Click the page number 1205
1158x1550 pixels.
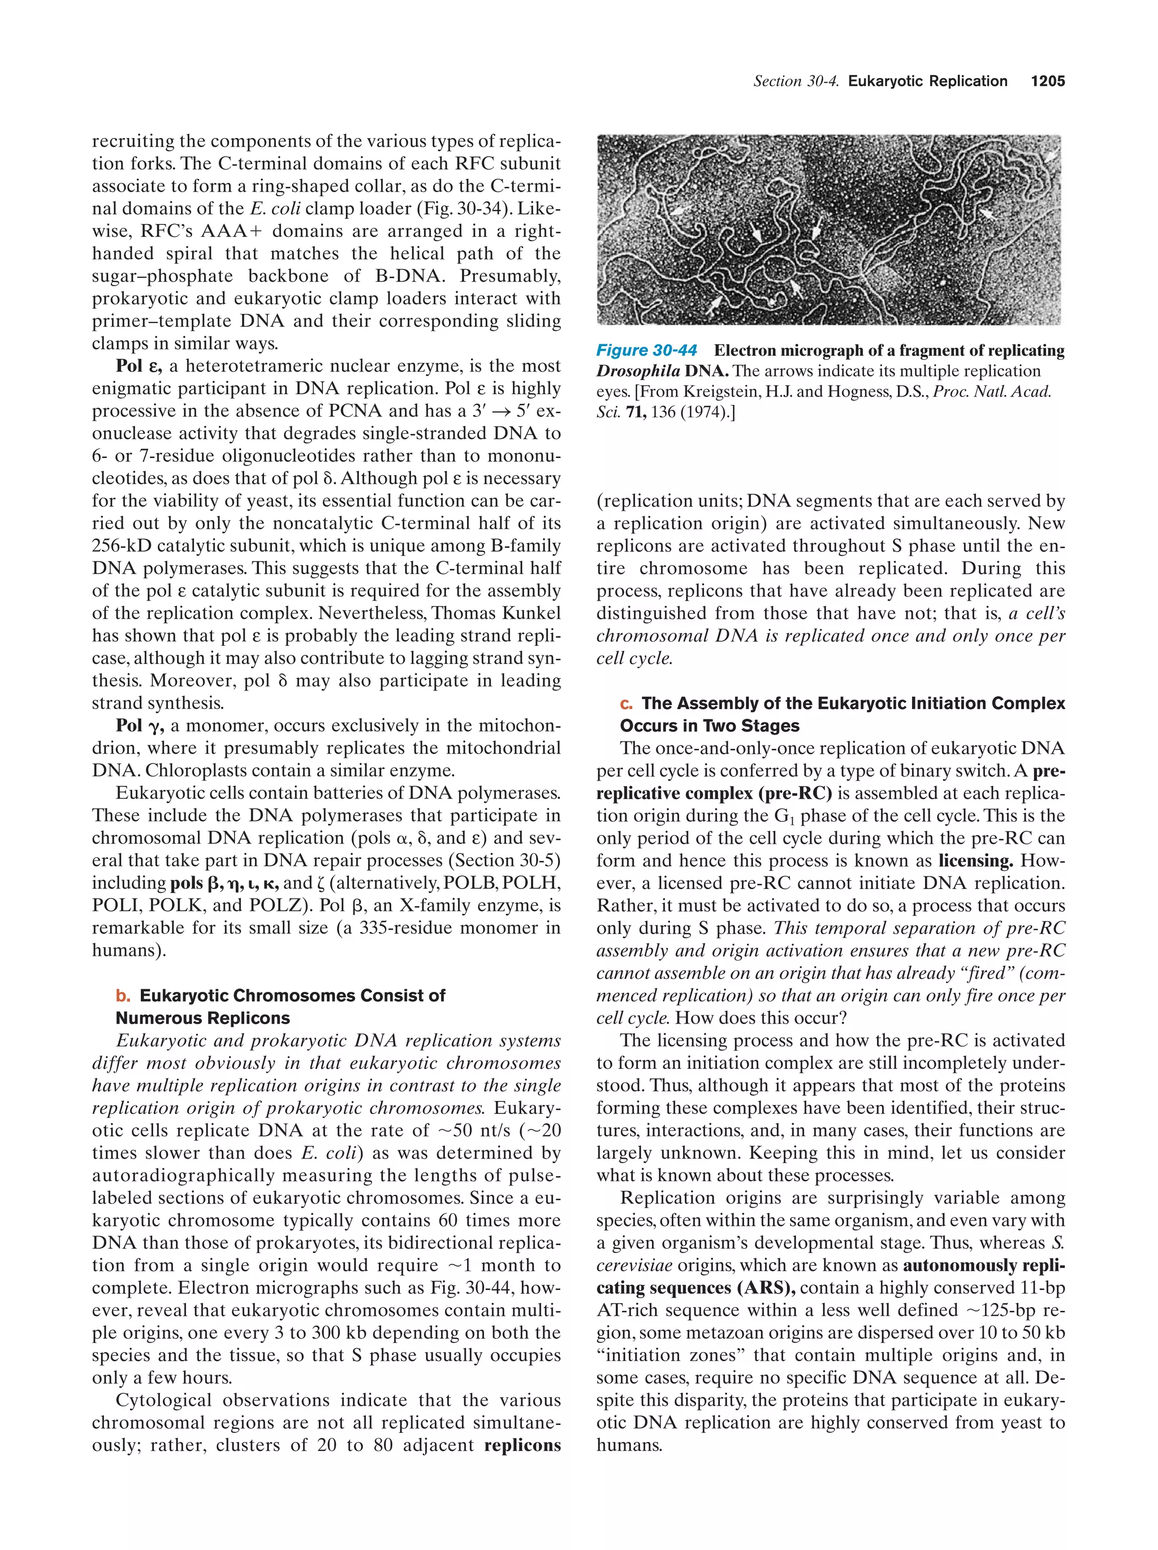(x=1047, y=81)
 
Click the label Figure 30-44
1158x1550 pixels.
(x=646, y=351)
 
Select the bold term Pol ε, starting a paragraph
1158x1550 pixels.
(x=139, y=366)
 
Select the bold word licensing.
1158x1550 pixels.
(x=975, y=861)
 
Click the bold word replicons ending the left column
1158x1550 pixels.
(x=522, y=1445)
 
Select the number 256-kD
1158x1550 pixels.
(x=123, y=547)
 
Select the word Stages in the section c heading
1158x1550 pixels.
(x=771, y=726)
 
